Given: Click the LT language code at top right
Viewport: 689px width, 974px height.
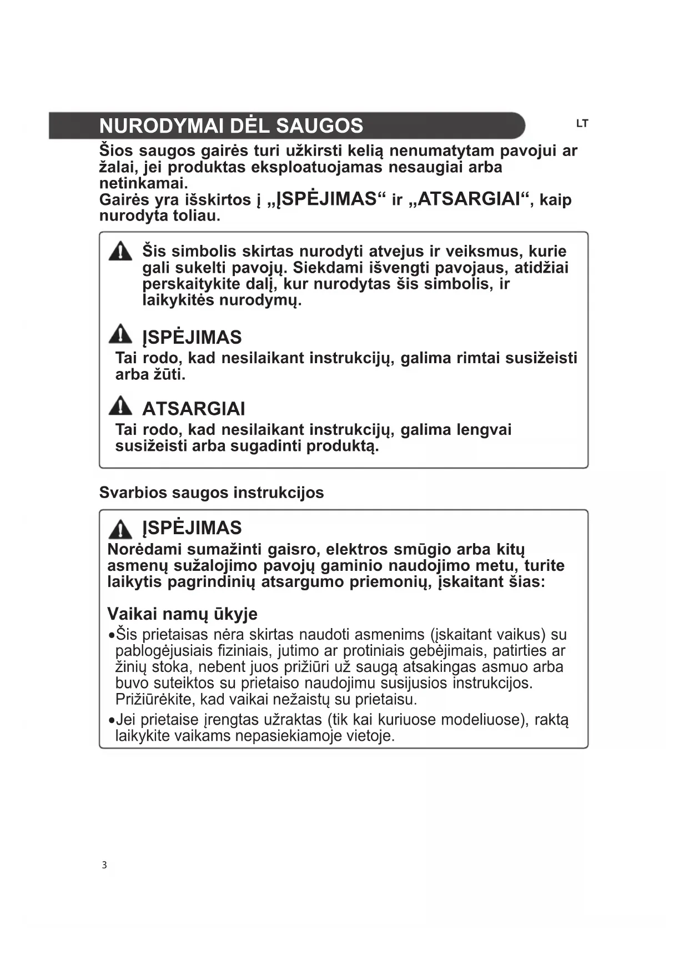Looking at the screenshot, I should pyautogui.click(x=581, y=124).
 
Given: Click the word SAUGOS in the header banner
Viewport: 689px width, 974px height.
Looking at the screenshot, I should pyautogui.click(x=319, y=126).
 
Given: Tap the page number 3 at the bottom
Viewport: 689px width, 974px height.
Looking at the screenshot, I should pyautogui.click(x=104, y=865).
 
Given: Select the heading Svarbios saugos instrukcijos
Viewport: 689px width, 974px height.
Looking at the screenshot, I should pyautogui.click(x=211, y=493).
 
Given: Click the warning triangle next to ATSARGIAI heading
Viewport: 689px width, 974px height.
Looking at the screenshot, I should pyautogui.click(x=120, y=406).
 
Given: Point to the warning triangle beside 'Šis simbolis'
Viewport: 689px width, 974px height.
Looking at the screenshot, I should pyautogui.click(x=120, y=252).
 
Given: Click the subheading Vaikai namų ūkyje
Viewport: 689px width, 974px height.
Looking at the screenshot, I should pyautogui.click(x=182, y=614).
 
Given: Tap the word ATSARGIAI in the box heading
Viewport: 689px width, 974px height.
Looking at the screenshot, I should pyautogui.click(x=193, y=409).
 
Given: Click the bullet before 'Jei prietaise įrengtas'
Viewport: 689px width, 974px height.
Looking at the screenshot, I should pyautogui.click(x=112, y=720).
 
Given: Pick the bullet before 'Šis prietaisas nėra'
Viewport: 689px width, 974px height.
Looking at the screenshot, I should pyautogui.click(x=112, y=635).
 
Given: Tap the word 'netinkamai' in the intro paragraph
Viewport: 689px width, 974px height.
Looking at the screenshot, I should pyautogui.click(x=143, y=183).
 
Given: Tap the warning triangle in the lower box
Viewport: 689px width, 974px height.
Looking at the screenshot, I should pyautogui.click(x=120, y=529).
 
